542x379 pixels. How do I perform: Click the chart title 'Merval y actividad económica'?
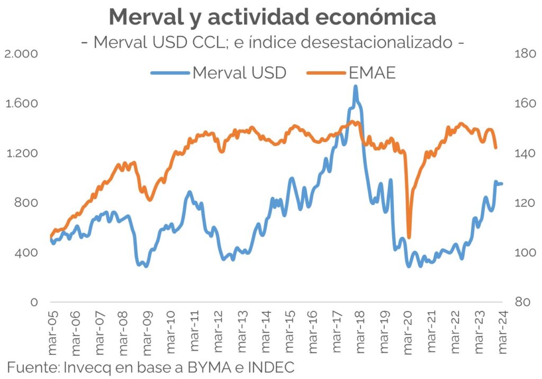[273, 17]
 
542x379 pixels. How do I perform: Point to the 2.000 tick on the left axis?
[20, 54]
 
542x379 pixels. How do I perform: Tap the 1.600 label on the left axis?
[20, 104]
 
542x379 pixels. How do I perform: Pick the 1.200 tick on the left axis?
[20, 153]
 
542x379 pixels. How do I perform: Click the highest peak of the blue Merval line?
[355, 86]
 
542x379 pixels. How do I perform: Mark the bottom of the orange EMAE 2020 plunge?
[409, 237]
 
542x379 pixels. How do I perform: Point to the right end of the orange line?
[496, 148]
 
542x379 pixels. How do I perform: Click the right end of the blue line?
[501, 183]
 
